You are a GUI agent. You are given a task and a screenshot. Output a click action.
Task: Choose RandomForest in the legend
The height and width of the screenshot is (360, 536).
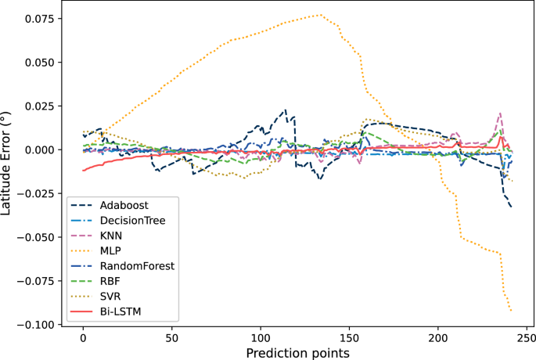pyautogui.click(x=136, y=266)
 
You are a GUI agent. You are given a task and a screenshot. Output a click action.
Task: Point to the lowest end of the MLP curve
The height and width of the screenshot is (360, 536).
pyautogui.click(x=511, y=311)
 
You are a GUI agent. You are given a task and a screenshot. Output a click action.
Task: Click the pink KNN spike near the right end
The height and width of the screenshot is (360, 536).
pyautogui.click(x=500, y=113)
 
